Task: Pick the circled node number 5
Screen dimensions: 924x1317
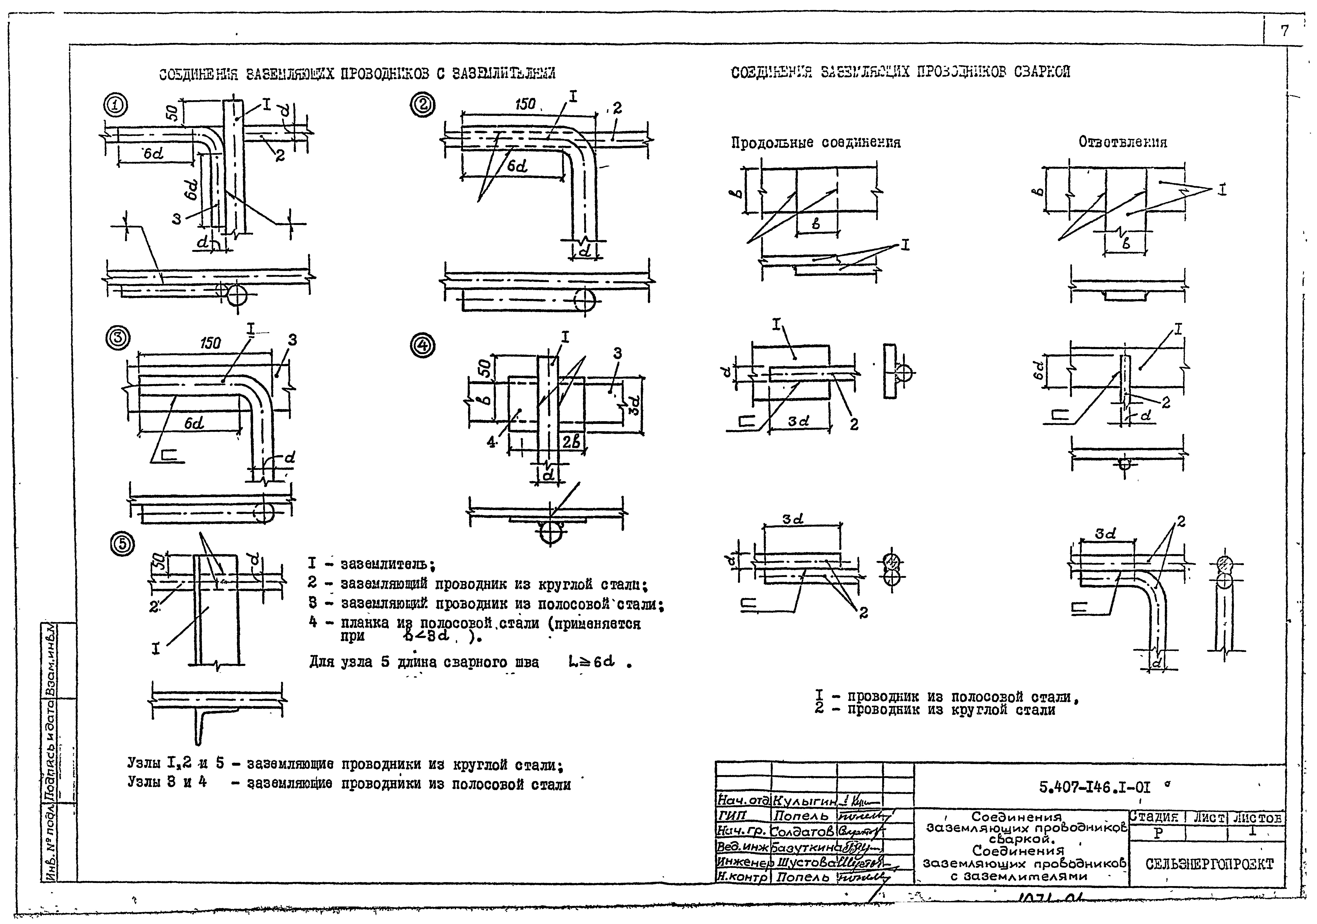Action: pyautogui.click(x=122, y=545)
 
